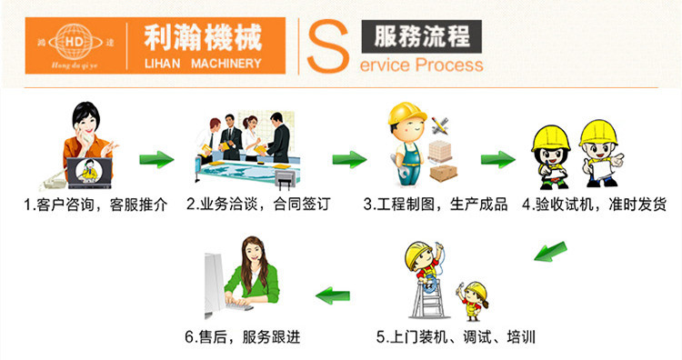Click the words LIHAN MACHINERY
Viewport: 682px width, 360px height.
pyautogui.click(x=202, y=63)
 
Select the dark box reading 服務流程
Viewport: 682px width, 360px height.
pyautogui.click(x=421, y=37)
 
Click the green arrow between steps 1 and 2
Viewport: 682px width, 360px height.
pyautogui.click(x=156, y=160)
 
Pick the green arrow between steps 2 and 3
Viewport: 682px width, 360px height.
pyautogui.click(x=348, y=160)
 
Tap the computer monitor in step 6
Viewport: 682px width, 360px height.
pyautogui.click(x=213, y=276)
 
